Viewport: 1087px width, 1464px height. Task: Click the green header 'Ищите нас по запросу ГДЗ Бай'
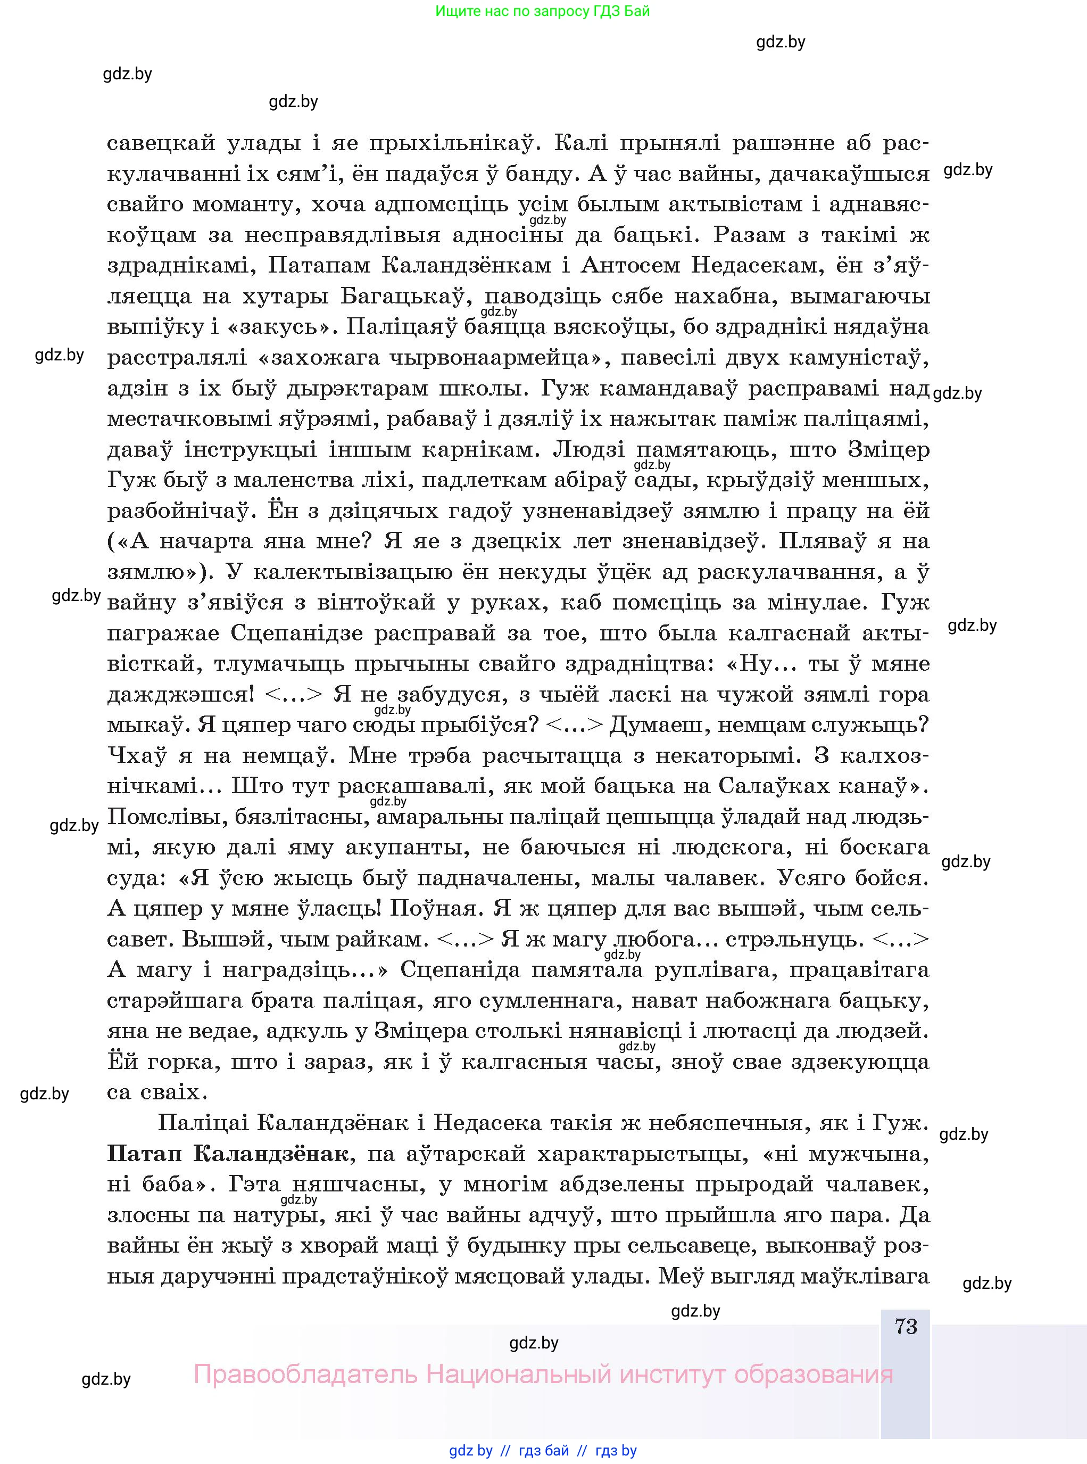tap(542, 11)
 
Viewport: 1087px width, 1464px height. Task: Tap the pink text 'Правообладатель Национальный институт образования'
tap(543, 1375)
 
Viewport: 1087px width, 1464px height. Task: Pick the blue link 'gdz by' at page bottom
tap(470, 1450)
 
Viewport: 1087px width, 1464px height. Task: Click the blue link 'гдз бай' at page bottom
tap(544, 1450)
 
